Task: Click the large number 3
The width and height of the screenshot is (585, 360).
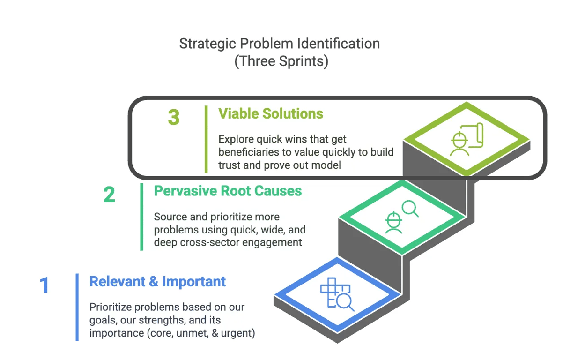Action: coord(174,117)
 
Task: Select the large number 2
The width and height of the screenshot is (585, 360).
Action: coord(109,195)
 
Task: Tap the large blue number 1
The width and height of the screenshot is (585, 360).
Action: coord(44,285)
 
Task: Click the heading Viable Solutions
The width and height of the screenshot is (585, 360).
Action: coord(271,113)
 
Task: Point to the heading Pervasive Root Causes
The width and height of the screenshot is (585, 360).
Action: coord(228,191)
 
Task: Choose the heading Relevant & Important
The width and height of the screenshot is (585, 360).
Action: coord(157,282)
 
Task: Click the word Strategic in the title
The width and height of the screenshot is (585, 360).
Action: coord(207,44)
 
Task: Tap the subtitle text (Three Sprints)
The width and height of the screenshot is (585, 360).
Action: coord(281,61)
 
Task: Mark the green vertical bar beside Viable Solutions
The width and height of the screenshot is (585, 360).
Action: coord(206,139)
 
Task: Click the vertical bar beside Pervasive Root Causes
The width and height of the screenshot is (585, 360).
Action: coord(141,217)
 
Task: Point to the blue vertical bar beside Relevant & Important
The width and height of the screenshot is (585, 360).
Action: coord(77,307)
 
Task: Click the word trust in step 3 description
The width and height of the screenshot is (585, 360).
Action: coord(229,165)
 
